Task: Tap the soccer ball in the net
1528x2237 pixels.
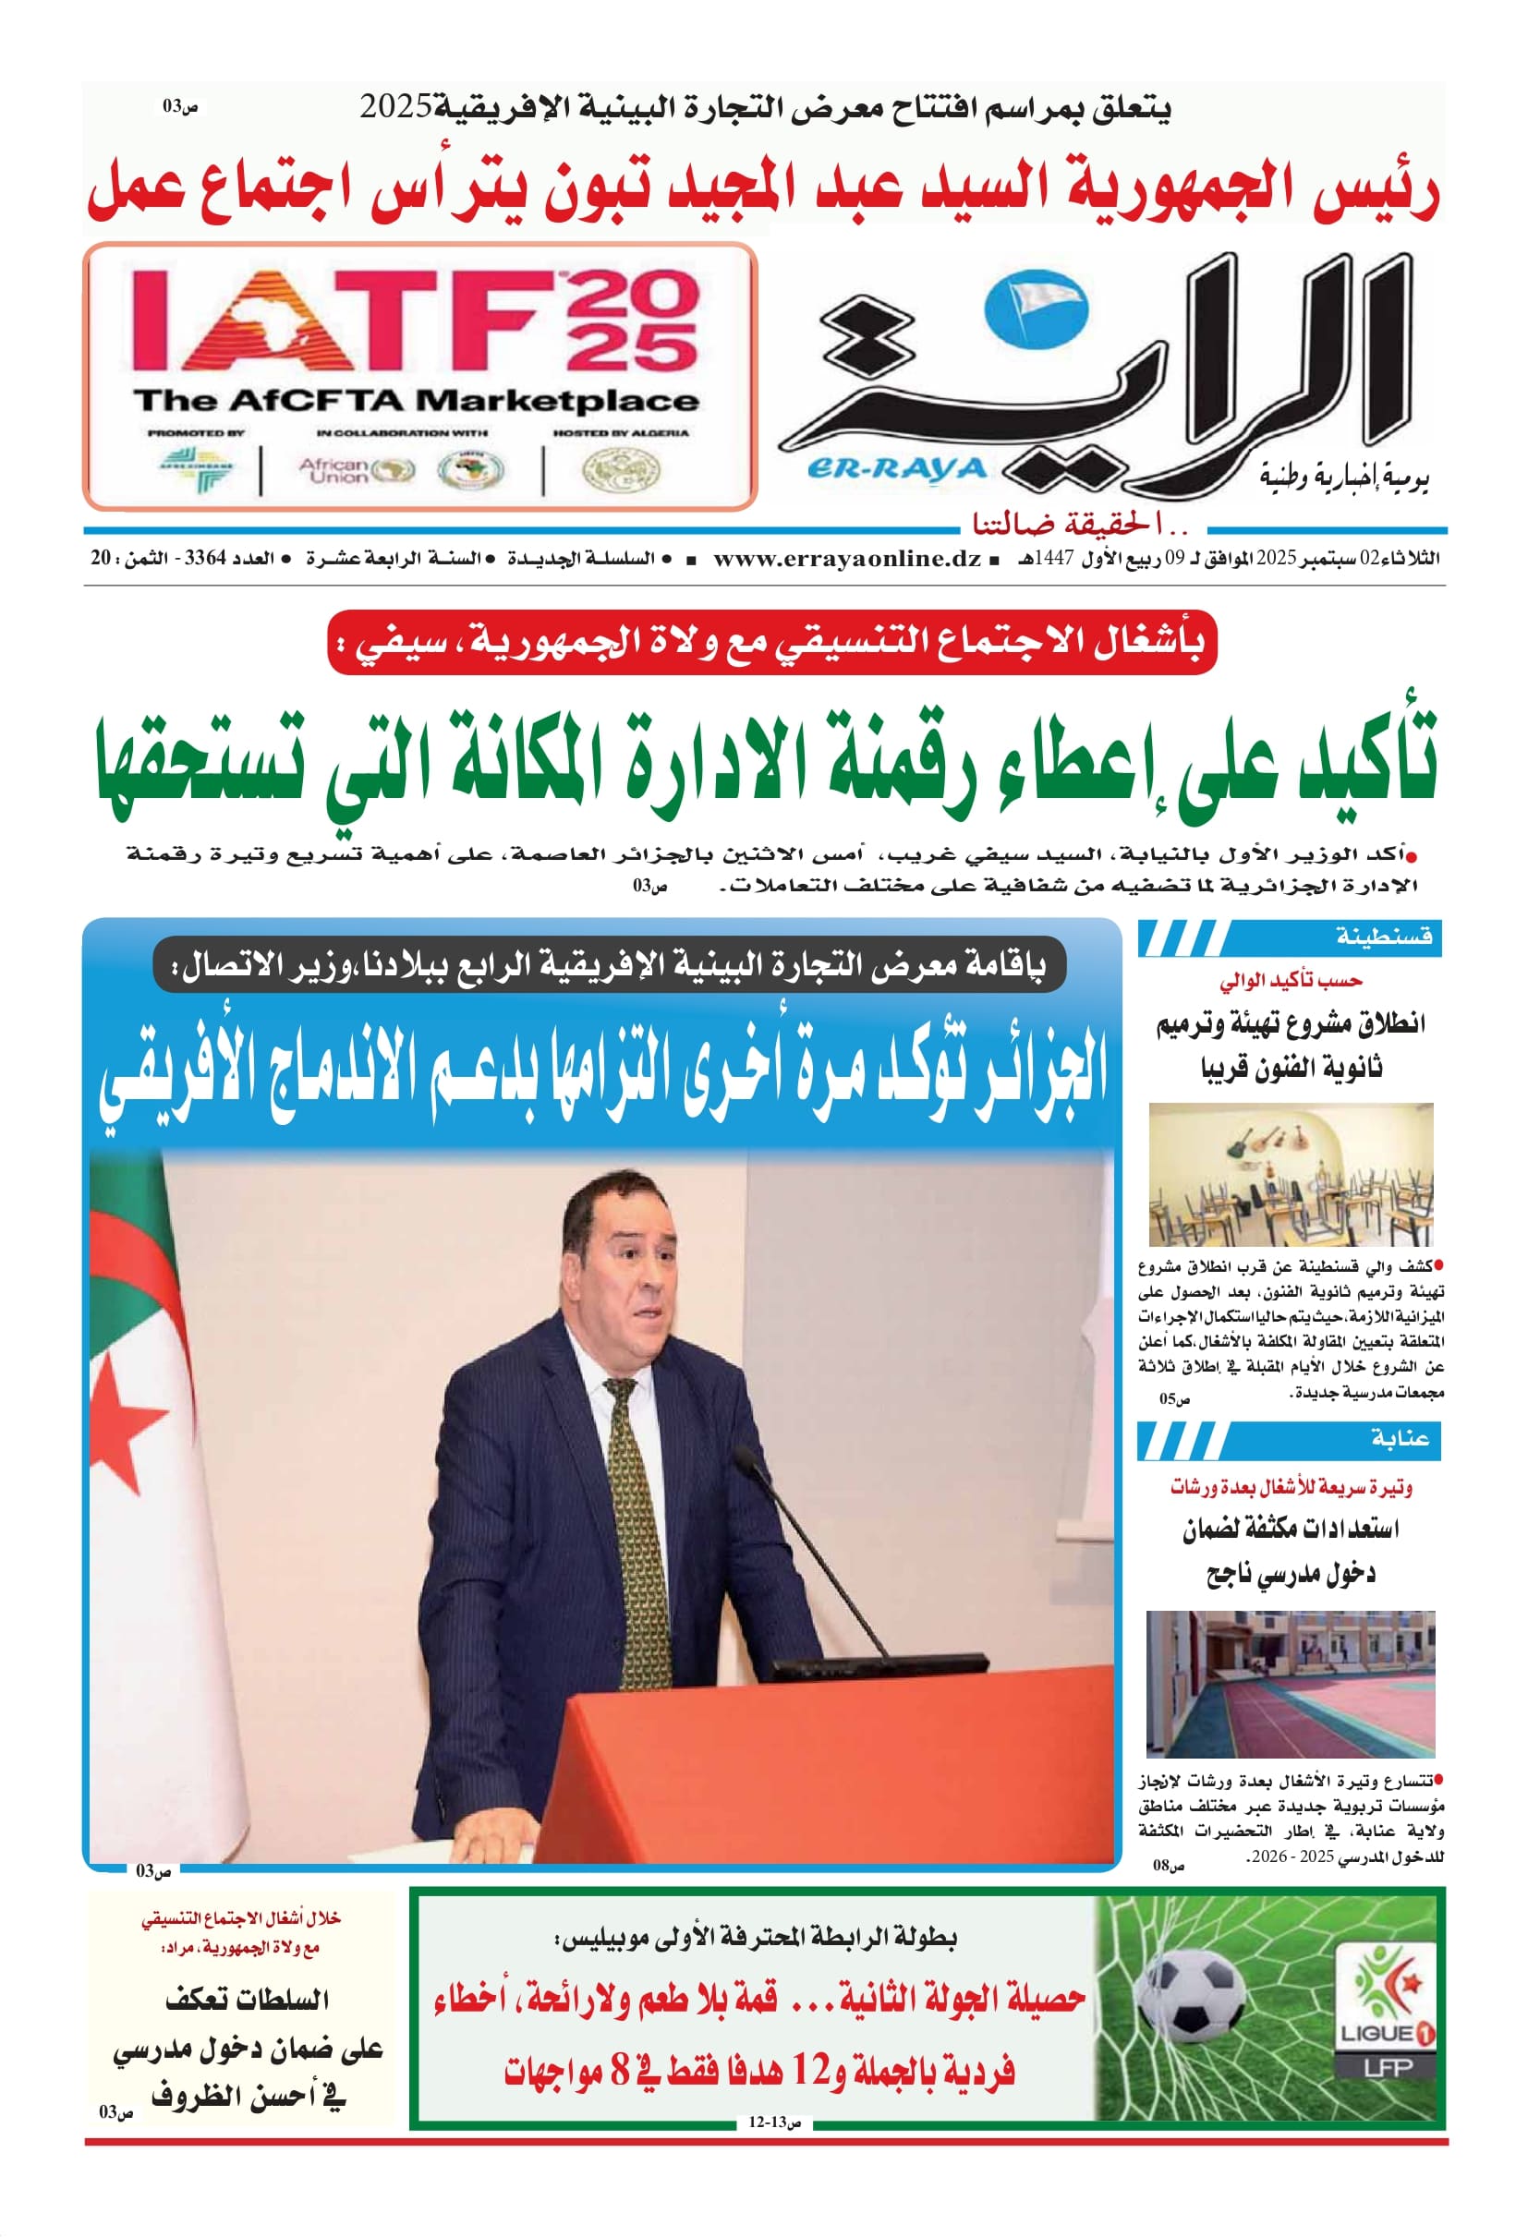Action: [x=1190, y=1995]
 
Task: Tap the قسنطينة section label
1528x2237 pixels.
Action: [x=1384, y=936]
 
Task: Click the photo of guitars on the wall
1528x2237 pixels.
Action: [x=1291, y=1174]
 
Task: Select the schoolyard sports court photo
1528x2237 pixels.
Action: [x=1291, y=1684]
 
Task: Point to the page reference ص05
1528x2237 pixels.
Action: [x=1173, y=1398]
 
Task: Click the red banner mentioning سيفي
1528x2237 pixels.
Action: [x=771, y=642]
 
